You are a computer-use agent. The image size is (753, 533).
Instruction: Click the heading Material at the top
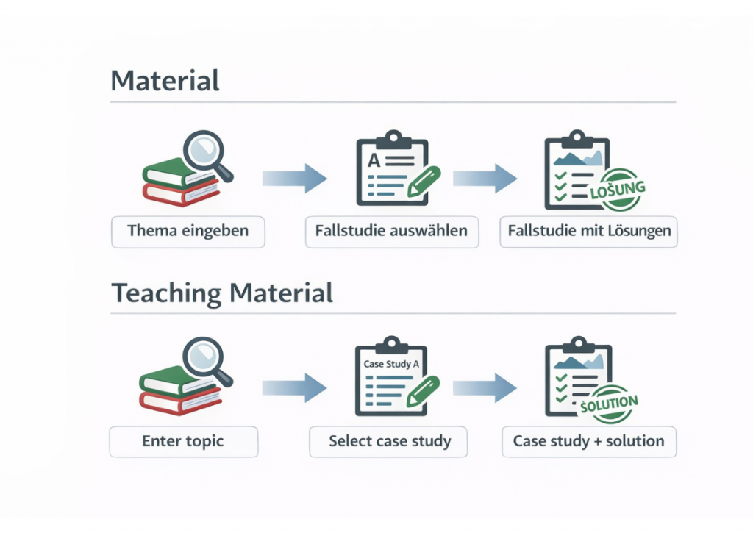[x=165, y=80]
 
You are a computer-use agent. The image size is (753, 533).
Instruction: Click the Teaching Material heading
[x=222, y=293]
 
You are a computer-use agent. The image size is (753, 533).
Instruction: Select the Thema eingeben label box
[x=188, y=231]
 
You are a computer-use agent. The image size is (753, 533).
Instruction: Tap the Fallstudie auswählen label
[x=391, y=231]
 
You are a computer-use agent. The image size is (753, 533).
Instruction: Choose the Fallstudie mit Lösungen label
[x=589, y=231]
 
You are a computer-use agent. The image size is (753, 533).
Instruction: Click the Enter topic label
[x=183, y=442]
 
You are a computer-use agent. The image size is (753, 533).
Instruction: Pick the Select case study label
[x=390, y=442]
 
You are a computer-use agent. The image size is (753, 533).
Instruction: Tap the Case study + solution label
[x=588, y=442]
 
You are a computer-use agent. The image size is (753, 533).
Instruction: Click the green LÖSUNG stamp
[x=618, y=190]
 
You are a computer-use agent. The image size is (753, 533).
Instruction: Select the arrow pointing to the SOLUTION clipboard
[x=485, y=388]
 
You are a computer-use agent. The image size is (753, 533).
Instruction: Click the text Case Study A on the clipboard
[x=390, y=364]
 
